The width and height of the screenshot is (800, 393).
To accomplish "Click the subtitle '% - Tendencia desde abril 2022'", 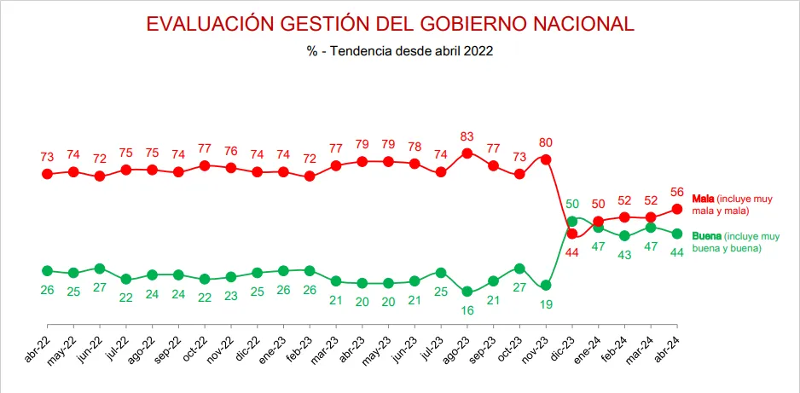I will click(x=400, y=51).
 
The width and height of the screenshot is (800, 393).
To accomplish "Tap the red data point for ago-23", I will click(x=467, y=153).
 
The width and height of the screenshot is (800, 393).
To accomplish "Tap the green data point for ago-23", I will click(x=467, y=291).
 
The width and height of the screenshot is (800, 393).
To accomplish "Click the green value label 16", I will click(x=467, y=310).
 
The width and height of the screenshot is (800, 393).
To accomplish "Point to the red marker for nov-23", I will click(x=546, y=159).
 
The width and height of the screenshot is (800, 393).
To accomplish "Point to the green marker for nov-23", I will click(x=546, y=285).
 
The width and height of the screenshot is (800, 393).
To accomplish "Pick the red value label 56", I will click(x=677, y=191).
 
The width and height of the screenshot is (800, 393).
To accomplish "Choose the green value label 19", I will click(x=546, y=304).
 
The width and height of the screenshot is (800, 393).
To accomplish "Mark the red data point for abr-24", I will click(x=677, y=209).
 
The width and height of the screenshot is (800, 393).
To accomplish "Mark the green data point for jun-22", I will click(x=100, y=269).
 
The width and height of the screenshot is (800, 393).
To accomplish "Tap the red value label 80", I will click(x=546, y=142).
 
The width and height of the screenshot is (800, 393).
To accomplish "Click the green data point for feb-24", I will click(x=624, y=235).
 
